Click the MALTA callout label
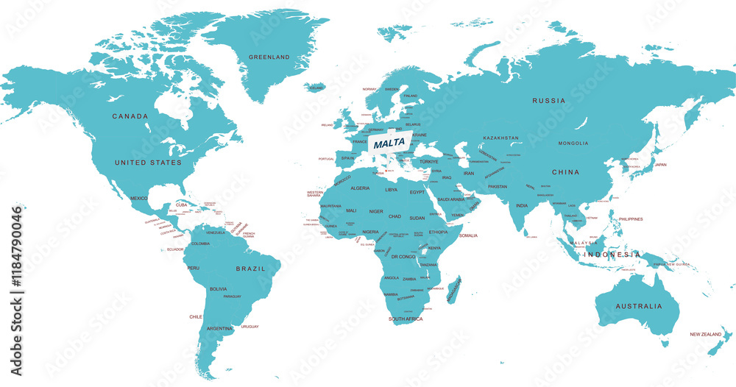tap(389, 143)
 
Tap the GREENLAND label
tap(269, 57)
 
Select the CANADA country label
tap(130, 116)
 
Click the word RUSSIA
tap(549, 100)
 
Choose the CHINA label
tap(566, 172)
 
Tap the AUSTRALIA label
tap(639, 306)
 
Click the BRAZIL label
tap(250, 269)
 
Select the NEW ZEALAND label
tap(705, 334)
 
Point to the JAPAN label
tap(660, 165)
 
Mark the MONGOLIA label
tap(573, 143)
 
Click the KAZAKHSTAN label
tap(501, 138)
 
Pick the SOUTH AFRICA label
tap(406, 319)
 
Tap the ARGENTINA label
tap(220, 328)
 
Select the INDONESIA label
tap(612, 255)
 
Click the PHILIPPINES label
tap(631, 219)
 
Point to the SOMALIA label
tap(468, 235)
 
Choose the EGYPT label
tap(418, 192)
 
